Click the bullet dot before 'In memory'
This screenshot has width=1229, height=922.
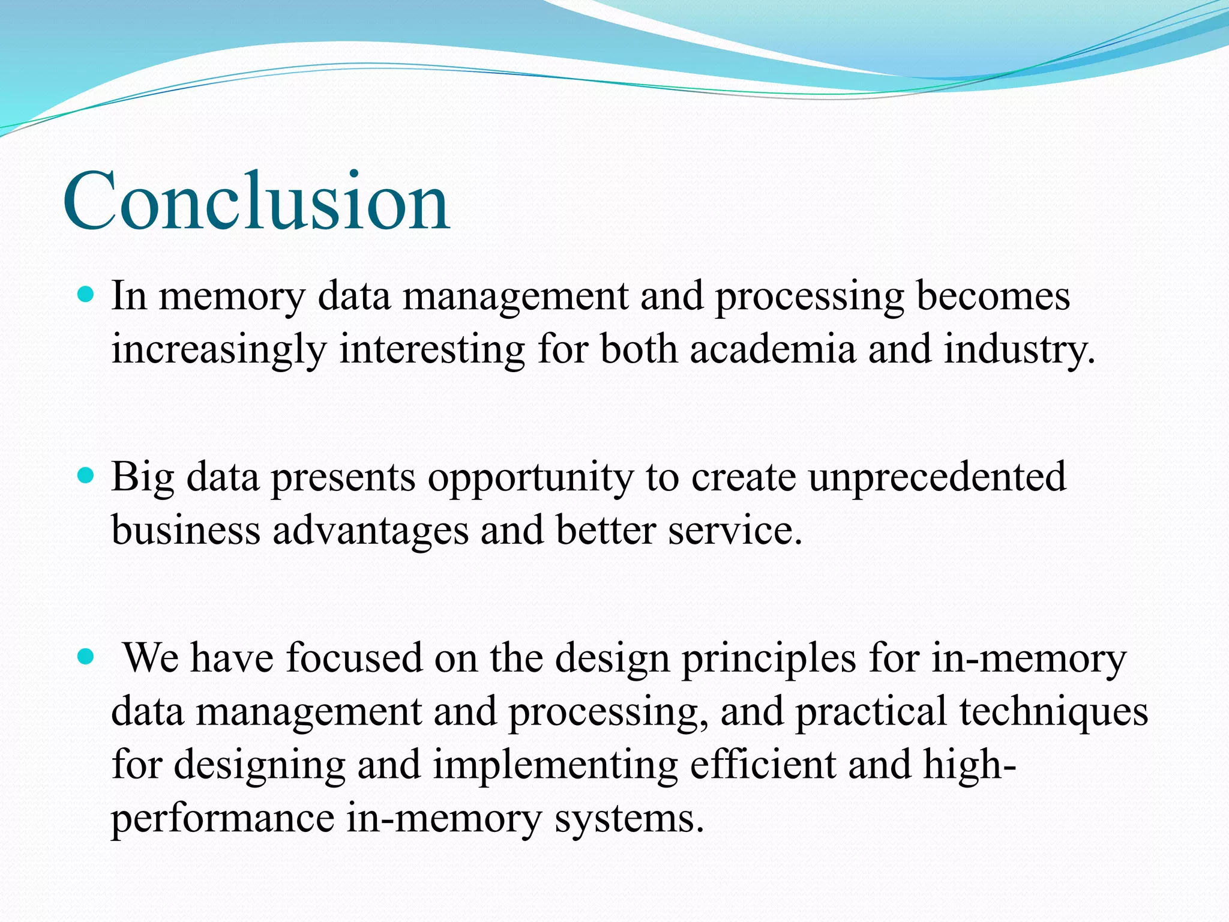point(87,295)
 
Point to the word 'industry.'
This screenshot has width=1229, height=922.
point(1020,350)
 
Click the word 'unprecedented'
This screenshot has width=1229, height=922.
point(937,477)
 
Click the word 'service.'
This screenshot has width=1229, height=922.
point(735,530)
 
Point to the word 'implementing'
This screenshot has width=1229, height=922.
point(555,765)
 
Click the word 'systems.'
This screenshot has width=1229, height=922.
point(629,819)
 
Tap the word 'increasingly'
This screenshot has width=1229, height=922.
point(219,350)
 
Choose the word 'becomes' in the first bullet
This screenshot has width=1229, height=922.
point(993,296)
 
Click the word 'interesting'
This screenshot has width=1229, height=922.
point(432,350)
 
